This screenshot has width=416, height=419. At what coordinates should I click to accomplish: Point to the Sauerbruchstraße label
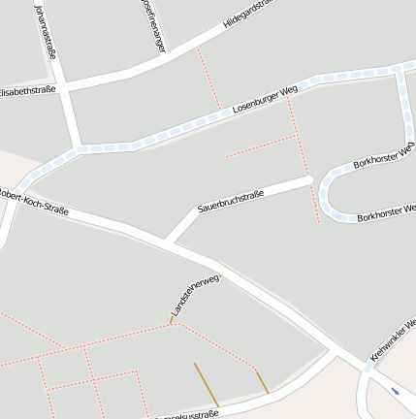point(231,201)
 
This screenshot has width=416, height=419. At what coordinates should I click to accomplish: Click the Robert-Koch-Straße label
point(35,198)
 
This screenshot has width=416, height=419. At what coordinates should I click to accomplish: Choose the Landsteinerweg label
point(195,295)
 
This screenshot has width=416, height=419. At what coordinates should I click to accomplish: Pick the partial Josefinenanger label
point(152,23)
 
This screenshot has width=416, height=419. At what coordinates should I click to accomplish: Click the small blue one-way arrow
point(395,391)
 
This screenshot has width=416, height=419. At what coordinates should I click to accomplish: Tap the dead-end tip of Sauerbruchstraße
point(307,179)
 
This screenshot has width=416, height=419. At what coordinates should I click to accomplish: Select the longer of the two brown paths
point(207,385)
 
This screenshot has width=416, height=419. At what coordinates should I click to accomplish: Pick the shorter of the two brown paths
point(261,380)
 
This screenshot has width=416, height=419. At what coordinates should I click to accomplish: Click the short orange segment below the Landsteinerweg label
point(172,319)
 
